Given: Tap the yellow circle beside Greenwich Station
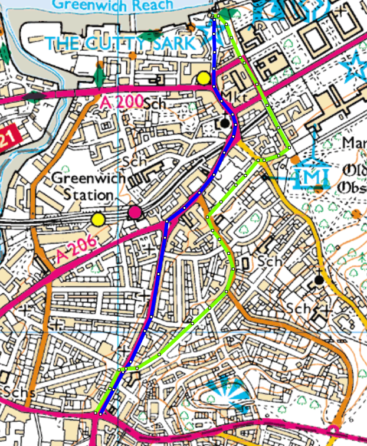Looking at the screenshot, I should click(98, 220).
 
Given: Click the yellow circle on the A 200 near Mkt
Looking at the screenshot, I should click(204, 77).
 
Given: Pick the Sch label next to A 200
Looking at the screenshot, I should click(153, 103).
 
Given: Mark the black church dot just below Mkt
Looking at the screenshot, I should click(225, 123).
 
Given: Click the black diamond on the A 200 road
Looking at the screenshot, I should click(35, 95).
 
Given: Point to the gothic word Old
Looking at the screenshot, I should click(354, 172).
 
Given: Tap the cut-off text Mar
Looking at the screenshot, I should click(356, 143).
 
